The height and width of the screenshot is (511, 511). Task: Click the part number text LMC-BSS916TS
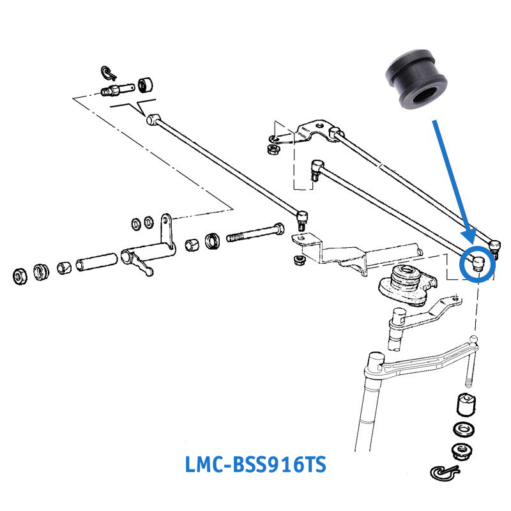[256, 464]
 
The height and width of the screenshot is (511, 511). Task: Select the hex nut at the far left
[20, 277]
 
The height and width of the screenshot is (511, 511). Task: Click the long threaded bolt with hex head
[255, 232]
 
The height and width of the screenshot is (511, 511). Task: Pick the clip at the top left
[109, 73]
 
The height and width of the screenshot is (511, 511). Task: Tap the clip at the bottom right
[445, 473]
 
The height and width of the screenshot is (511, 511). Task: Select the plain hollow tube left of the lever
[96, 262]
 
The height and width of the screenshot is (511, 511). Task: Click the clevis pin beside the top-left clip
[117, 89]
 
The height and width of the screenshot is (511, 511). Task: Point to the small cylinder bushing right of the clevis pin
[146, 86]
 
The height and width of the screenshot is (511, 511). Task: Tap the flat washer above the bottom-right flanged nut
[464, 429]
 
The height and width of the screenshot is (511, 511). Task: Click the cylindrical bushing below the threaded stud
[466, 404]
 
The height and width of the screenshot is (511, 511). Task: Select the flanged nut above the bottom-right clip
[462, 452]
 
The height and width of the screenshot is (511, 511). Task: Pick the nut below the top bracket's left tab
[272, 149]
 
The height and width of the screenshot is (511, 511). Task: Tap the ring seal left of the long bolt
[213, 241]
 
